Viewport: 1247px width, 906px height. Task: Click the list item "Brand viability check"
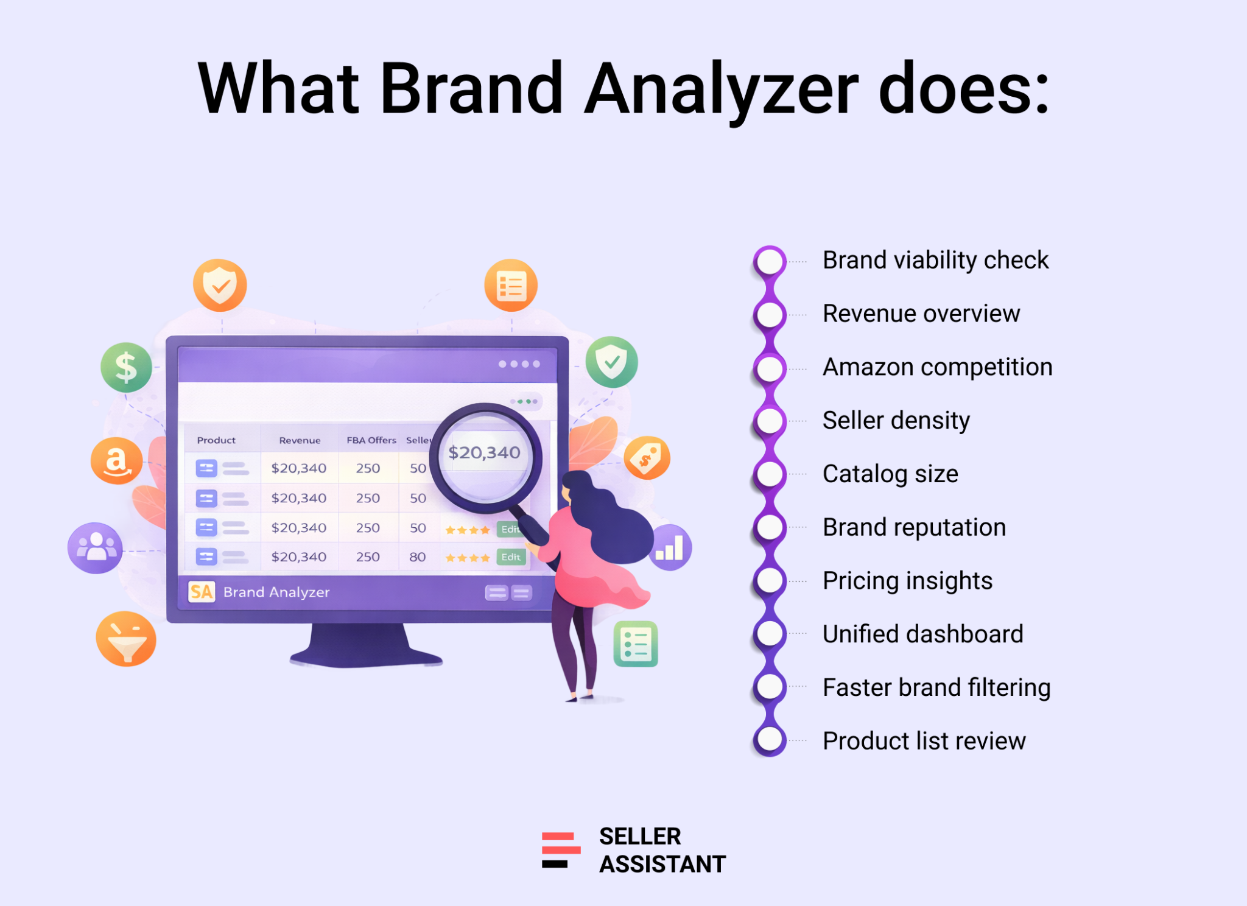(935, 261)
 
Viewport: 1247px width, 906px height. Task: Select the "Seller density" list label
(896, 421)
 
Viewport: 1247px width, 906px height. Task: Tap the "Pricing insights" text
(907, 581)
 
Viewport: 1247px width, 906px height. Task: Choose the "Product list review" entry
(924, 741)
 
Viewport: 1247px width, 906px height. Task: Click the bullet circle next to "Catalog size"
(770, 474)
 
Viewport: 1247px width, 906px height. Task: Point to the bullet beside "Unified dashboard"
(770, 634)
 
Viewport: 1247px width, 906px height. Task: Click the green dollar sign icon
(126, 368)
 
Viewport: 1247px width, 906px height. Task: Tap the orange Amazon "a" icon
(116, 461)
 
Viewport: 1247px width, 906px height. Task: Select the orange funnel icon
(126, 639)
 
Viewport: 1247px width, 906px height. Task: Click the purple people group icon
(95, 548)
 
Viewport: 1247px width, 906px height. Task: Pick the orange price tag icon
(647, 458)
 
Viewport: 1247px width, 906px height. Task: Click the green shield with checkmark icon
(611, 362)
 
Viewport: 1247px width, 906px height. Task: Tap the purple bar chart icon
(670, 547)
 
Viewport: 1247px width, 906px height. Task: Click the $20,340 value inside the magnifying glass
(484, 453)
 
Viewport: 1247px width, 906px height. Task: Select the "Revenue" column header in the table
(300, 440)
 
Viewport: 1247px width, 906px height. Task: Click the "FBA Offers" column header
(371, 440)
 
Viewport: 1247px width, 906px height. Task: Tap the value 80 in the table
(418, 557)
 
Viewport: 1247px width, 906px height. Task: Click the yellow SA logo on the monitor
(202, 592)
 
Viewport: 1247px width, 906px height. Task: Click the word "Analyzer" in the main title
(721, 90)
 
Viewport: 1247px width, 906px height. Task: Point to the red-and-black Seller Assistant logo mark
(561, 850)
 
